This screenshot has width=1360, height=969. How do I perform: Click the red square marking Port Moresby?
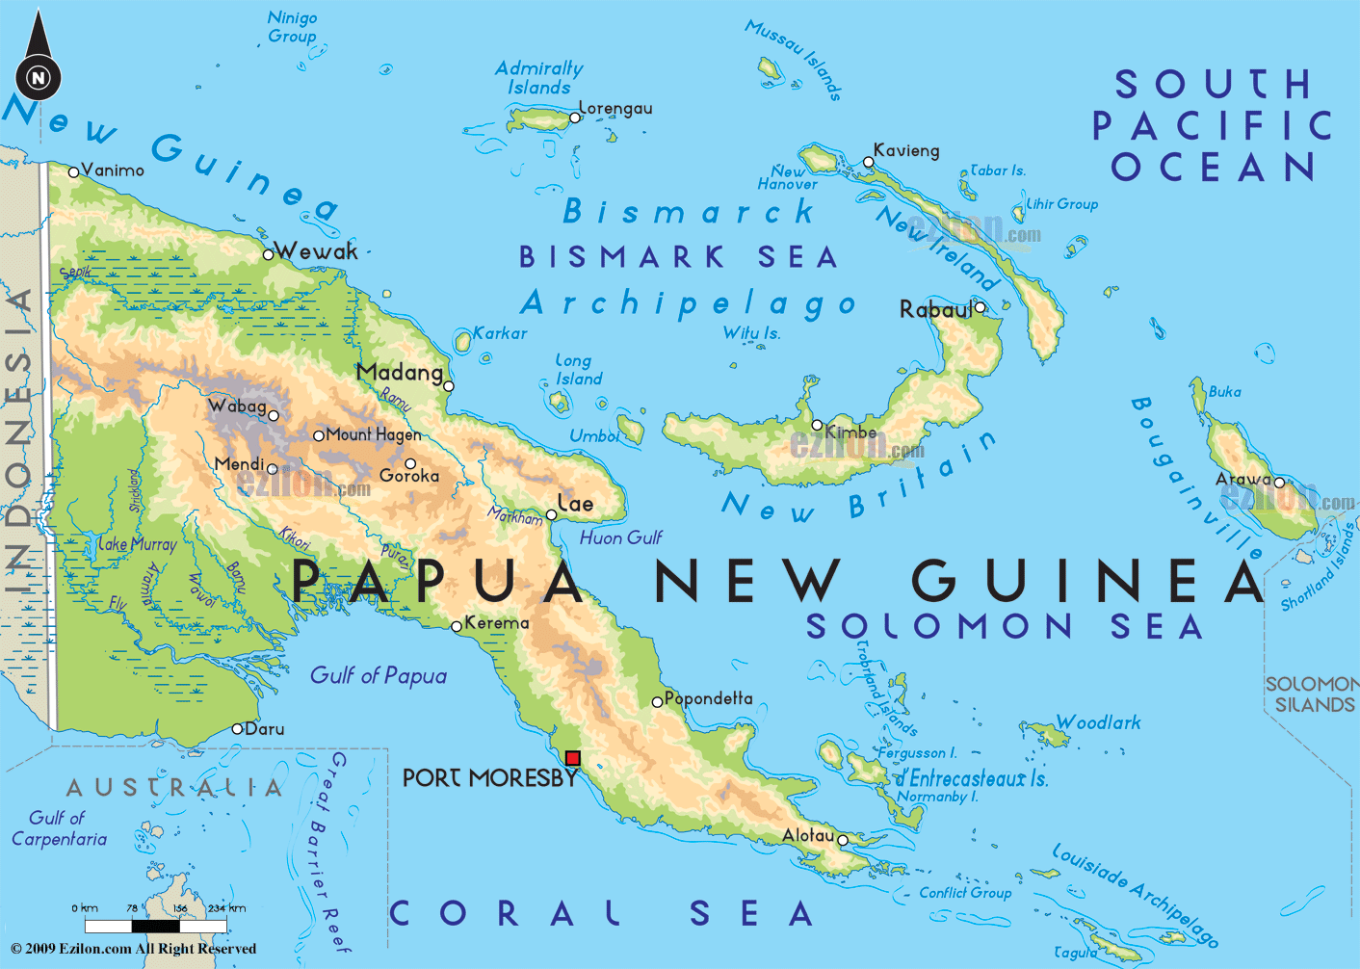coord(573,758)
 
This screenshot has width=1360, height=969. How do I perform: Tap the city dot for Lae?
coord(552,515)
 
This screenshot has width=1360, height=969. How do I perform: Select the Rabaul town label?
coord(935,309)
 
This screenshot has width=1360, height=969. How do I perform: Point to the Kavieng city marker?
coord(868,162)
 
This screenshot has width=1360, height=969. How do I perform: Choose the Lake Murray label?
coord(137,544)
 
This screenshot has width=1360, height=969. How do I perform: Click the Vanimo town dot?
coord(73,172)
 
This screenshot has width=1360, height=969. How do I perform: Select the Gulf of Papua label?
coord(378,675)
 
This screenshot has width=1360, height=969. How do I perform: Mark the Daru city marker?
coord(238,729)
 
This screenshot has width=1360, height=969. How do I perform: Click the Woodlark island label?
coord(1098,722)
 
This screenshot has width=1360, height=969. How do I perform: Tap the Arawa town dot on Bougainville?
coord(1279,483)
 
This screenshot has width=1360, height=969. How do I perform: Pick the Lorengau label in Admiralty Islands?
coord(615,108)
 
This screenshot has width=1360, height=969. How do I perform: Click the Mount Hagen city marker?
coord(319,435)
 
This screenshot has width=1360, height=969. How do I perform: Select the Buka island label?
coord(1224,391)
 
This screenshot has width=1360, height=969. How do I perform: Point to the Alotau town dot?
coord(843,840)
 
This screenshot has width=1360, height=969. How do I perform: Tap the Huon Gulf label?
coord(620,537)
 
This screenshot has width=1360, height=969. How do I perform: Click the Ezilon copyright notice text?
coord(133,949)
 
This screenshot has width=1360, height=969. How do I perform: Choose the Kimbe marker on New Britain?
coord(817,425)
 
